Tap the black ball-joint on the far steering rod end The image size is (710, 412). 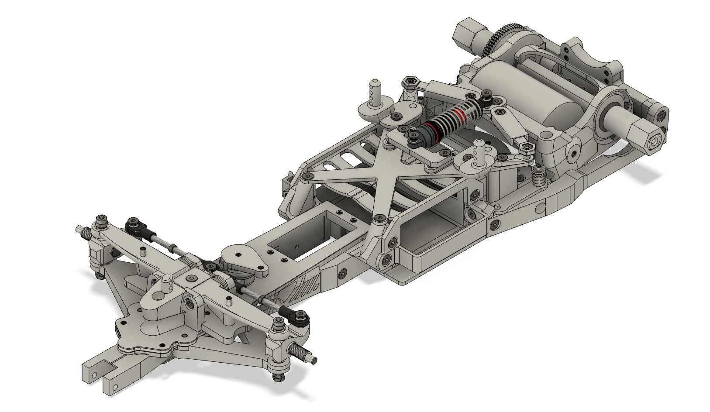pos(133,226)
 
